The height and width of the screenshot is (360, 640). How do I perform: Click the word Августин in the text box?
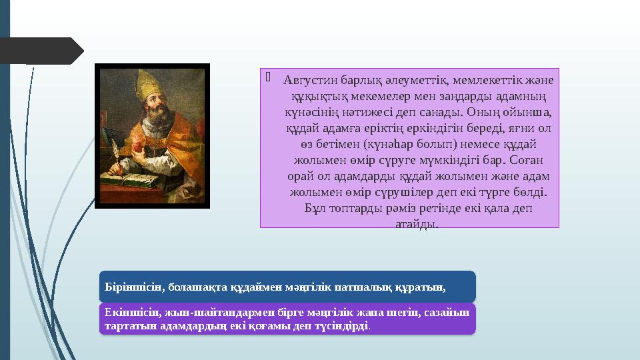click(308, 81)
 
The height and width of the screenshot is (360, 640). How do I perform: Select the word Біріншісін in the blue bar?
click(133, 287)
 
